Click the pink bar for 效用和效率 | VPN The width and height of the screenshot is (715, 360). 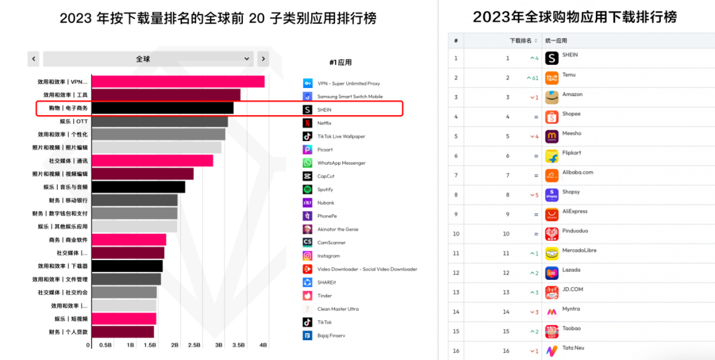(x=177, y=81)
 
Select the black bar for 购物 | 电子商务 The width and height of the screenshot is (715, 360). (x=162, y=108)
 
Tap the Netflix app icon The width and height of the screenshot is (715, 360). (x=307, y=123)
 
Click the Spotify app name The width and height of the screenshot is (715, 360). (x=326, y=190)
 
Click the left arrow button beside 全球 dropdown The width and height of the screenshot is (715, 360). (x=33, y=59)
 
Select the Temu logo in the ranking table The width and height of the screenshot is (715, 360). (x=551, y=78)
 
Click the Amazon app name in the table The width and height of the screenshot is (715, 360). (x=573, y=95)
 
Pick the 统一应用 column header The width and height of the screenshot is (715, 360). (x=556, y=40)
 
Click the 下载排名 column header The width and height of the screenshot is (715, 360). (x=520, y=40)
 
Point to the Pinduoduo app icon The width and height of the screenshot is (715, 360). (x=551, y=234)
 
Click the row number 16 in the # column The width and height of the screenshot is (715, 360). (x=455, y=351)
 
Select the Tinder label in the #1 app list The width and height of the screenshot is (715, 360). (x=325, y=296)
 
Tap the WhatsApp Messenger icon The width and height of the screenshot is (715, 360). (x=307, y=163)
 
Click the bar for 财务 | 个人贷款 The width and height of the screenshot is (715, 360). (x=122, y=332)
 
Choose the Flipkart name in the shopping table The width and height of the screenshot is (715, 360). (x=572, y=153)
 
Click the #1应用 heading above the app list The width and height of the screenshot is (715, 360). (x=340, y=63)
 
